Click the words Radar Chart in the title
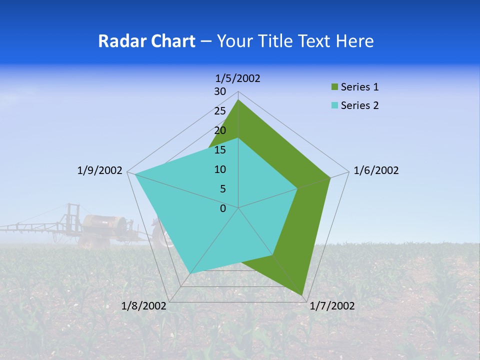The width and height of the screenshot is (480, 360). click(x=146, y=41)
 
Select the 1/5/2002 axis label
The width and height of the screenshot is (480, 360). click(x=238, y=78)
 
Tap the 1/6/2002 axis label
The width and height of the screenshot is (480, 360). click(x=376, y=170)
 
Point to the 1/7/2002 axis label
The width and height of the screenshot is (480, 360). click(x=332, y=306)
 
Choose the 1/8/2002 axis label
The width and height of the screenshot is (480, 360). click(x=144, y=306)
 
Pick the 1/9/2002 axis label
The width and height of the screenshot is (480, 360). click(x=100, y=170)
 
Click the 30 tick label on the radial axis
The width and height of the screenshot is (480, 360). click(x=220, y=91)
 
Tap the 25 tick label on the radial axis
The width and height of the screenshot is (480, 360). click(x=220, y=111)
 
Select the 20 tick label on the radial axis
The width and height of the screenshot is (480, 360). click(x=220, y=130)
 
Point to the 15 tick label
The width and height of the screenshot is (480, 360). click(x=220, y=150)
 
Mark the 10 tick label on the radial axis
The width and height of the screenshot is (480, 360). click(x=220, y=169)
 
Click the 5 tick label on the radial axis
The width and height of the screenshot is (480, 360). click(x=222, y=189)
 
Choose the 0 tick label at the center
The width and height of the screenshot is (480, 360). click(x=223, y=208)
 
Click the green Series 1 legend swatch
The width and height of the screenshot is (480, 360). click(x=334, y=87)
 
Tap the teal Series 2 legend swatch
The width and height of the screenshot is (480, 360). click(x=334, y=105)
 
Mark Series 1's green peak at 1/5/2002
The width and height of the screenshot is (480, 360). click(x=238, y=100)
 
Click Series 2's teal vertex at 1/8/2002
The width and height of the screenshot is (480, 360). click(x=190, y=273)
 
